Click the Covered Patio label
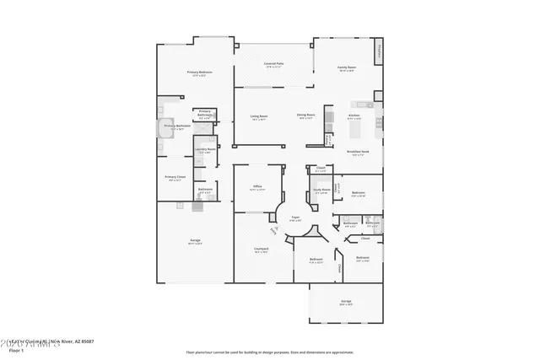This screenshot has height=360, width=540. [273, 64]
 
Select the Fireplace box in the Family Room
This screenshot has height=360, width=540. [380, 52]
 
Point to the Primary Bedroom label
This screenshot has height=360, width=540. [199, 73]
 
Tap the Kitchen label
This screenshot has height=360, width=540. [354, 116]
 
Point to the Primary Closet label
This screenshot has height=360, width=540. [175, 177]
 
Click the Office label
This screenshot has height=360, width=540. [257, 186]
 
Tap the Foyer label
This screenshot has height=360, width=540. [296, 218]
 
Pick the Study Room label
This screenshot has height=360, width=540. [321, 191]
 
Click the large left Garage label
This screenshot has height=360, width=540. [194, 242]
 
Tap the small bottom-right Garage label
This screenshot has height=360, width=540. [346, 301]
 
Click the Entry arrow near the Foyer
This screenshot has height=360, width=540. [273, 229]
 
